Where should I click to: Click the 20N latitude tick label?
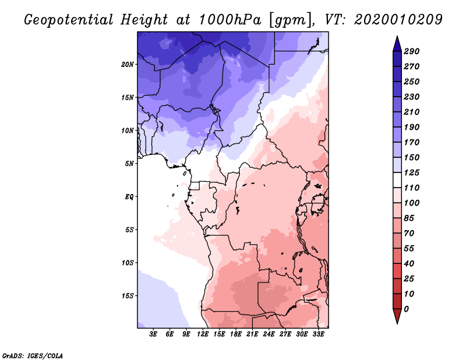point(128,64)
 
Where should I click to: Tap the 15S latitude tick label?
point(128,296)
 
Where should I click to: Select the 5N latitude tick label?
point(129,164)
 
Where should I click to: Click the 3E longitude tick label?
point(154,334)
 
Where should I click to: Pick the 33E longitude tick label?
point(319,334)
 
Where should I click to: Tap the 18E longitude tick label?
point(236,334)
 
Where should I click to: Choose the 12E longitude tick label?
point(203,334)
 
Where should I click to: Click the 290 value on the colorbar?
point(411,51)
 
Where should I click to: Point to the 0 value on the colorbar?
point(406,309)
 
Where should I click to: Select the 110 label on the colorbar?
point(411,188)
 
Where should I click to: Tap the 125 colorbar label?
point(411,173)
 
